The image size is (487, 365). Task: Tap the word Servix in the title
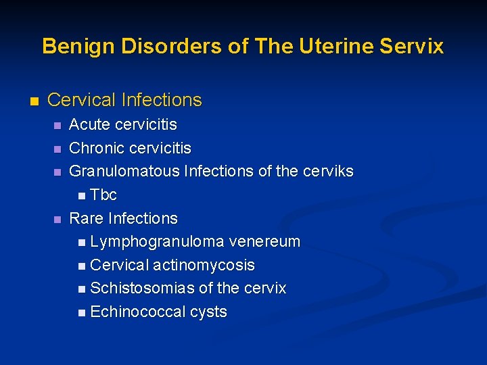pos(412,46)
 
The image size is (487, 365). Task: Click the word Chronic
pos(97,148)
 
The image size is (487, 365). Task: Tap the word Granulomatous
pos(124,172)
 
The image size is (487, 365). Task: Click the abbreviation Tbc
pos(103,195)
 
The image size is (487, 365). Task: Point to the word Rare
pos(87,218)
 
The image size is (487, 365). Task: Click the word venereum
pos(264,242)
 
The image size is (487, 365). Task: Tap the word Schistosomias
pos(141,289)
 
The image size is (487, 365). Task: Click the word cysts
pos(208,312)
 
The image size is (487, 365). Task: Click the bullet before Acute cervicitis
pos(57,125)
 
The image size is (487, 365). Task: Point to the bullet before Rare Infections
pos(57,219)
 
